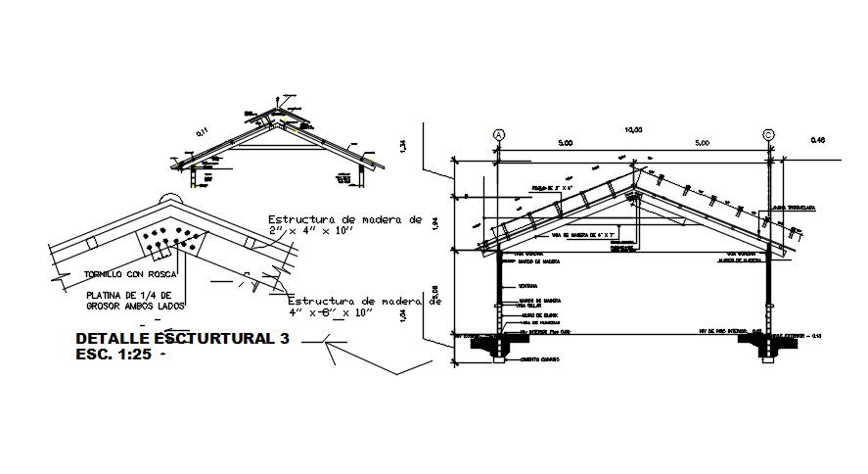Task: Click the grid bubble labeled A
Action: tap(498, 135)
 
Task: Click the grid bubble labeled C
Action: tap(768, 135)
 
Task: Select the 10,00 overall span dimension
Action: tap(632, 128)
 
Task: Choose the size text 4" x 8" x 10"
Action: tap(333, 313)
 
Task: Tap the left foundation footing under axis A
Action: tap(497, 345)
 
